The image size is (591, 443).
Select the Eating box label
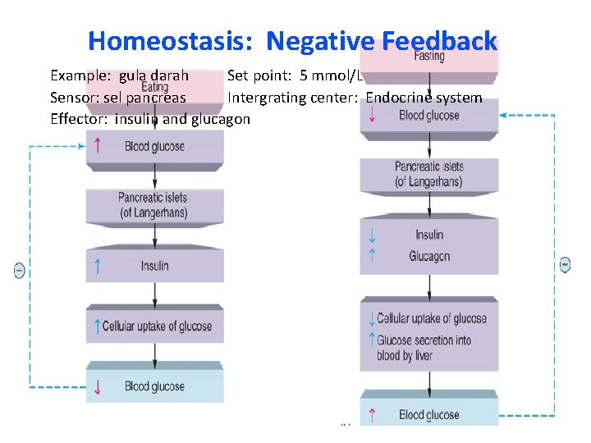154,86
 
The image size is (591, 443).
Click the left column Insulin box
154,266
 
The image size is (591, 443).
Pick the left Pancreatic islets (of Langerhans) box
154,205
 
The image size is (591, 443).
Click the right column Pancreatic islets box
429,173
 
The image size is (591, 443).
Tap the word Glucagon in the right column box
429,256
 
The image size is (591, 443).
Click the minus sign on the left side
20,270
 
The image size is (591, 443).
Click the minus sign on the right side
566,264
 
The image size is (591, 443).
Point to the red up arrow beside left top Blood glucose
98,146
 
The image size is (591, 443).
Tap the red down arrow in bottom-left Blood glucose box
98,386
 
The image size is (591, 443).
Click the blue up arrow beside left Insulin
98,266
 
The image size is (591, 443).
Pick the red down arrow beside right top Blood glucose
373,115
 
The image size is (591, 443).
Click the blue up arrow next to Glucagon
373,256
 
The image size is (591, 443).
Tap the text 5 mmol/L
329,75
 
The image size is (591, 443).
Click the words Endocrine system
424,98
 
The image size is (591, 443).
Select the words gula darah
153,75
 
